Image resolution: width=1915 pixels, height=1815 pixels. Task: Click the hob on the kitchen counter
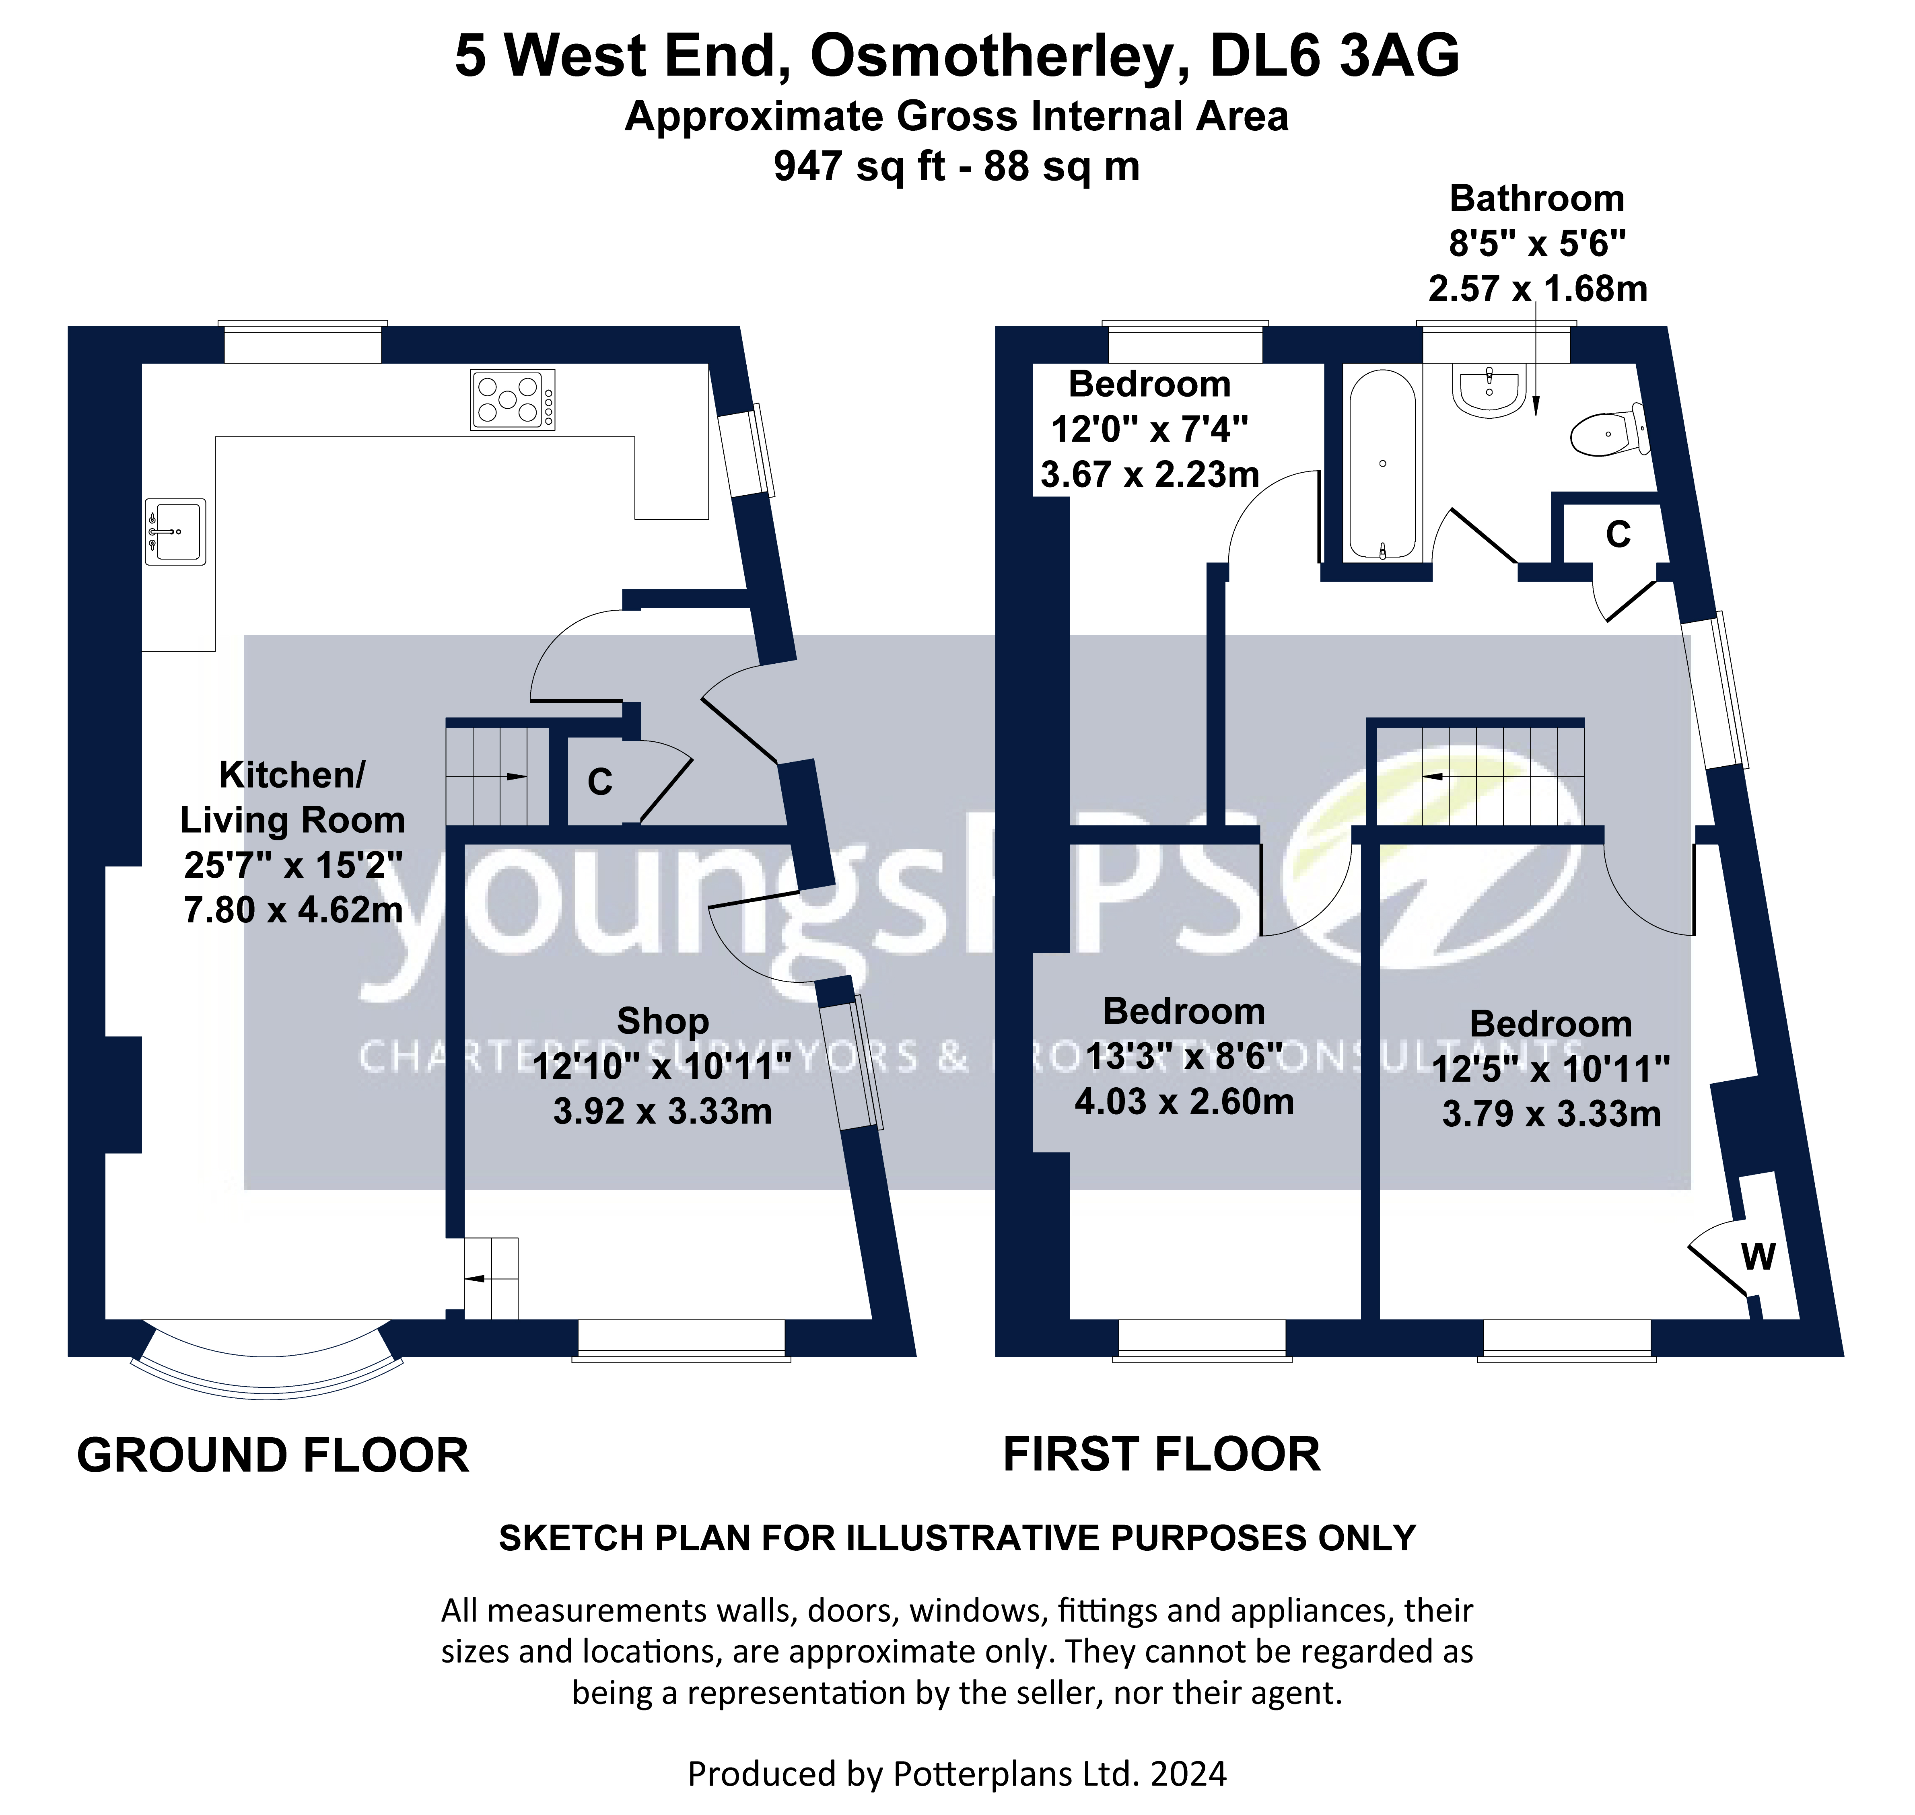pos(512,399)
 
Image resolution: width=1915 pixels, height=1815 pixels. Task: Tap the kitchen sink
pos(175,531)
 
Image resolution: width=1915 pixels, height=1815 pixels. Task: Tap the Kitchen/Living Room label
pos(292,797)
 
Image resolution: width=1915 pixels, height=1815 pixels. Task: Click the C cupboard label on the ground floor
pos(600,782)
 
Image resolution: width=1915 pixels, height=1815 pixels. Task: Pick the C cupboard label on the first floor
pos(1618,534)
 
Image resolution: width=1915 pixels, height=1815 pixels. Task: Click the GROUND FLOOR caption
pos(273,1456)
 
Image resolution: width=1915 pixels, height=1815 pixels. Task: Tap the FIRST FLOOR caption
pos(1161,1454)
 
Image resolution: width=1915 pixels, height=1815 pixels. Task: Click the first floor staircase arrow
pos(1452,777)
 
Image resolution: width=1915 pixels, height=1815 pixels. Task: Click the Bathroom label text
pos(1537,198)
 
